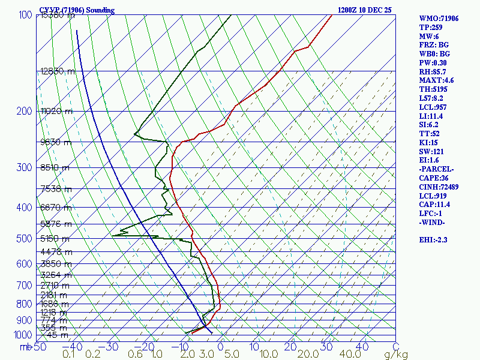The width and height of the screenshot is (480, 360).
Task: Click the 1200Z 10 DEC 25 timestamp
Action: (x=365, y=10)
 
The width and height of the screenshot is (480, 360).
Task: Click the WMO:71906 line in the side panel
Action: (x=439, y=19)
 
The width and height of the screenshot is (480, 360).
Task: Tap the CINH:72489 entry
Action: (x=440, y=187)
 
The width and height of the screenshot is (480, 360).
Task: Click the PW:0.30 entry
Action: (x=434, y=63)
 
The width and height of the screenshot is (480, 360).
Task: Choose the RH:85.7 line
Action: (x=434, y=72)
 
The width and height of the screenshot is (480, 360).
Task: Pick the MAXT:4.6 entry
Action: (x=436, y=80)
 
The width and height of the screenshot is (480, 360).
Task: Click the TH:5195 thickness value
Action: (x=434, y=89)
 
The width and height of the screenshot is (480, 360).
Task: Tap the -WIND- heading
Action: (x=433, y=223)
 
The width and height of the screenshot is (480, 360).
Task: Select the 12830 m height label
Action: (x=58, y=71)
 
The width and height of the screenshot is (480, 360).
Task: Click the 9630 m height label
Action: (x=55, y=142)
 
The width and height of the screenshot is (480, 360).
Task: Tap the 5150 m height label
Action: (x=55, y=239)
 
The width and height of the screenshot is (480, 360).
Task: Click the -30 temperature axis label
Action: (x=111, y=347)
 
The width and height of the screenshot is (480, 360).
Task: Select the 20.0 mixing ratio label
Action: (x=298, y=355)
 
